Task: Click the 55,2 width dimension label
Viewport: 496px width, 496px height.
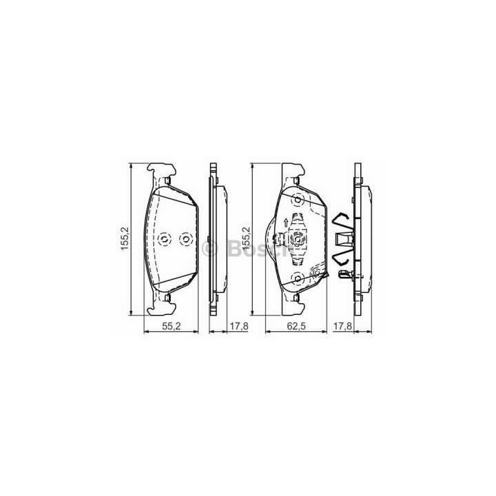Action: (171, 326)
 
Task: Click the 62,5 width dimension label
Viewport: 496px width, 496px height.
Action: (296, 326)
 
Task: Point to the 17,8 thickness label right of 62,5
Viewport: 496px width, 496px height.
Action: (342, 326)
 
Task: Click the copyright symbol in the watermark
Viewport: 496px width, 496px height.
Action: (210, 249)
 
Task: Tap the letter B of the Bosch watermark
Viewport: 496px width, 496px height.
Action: (233, 249)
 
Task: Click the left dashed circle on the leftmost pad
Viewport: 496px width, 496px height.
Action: (164, 239)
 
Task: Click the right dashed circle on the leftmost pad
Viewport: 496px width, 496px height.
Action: (186, 239)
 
